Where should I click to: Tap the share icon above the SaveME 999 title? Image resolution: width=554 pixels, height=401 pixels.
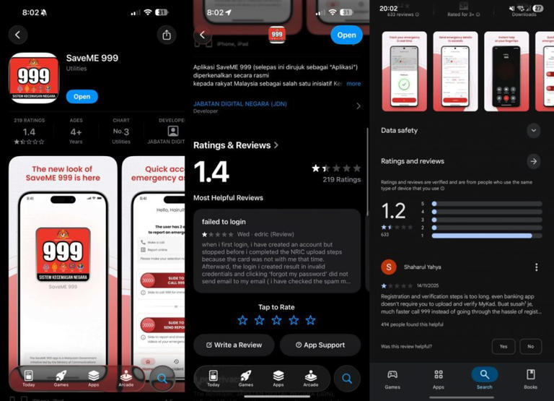[167, 35]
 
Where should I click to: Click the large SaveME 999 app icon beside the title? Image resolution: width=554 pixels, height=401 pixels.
[34, 78]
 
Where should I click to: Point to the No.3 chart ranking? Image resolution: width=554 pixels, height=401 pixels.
[121, 131]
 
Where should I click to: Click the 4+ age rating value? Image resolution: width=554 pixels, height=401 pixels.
[76, 131]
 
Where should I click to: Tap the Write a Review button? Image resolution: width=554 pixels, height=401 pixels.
[234, 345]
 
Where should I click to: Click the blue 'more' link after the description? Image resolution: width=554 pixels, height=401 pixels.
[353, 84]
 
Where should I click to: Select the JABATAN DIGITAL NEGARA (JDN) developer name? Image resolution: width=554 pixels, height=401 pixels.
[239, 104]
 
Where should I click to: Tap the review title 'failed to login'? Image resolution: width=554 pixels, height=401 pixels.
[224, 222]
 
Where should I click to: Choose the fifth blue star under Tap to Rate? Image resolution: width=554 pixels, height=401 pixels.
[310, 320]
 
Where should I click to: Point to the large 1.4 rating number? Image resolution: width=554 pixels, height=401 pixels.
[212, 172]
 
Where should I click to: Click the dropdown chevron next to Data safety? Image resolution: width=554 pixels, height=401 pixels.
[533, 131]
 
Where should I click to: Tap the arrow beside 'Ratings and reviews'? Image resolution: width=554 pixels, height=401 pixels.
[533, 161]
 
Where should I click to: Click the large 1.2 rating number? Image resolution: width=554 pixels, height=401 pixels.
[393, 210]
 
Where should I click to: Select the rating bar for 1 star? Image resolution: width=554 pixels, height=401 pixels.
[487, 236]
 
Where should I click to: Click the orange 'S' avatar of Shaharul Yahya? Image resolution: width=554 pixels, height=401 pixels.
[389, 267]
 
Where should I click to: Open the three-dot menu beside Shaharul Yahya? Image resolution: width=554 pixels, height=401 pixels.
[536, 267]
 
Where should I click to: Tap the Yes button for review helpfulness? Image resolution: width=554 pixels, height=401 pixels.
[503, 346]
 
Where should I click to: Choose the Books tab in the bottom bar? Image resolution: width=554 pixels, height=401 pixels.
[530, 378]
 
